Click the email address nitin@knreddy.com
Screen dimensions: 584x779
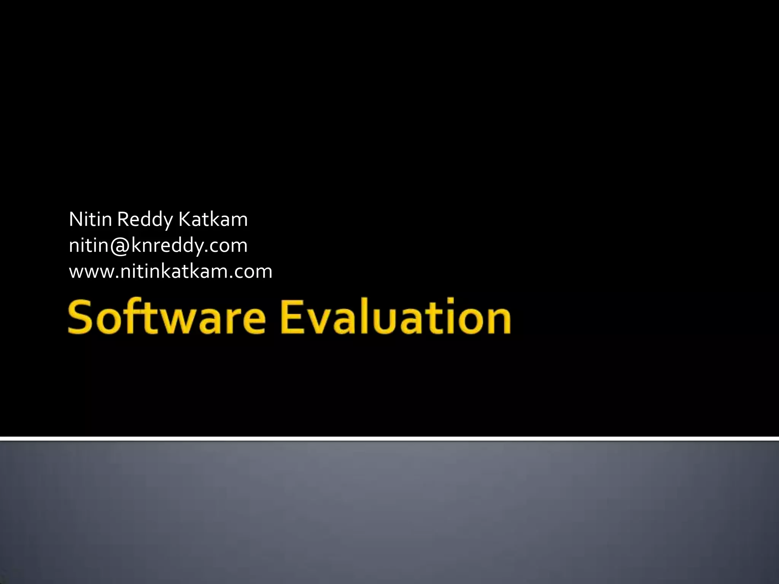pos(158,246)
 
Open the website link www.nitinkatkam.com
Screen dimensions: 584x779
pos(170,271)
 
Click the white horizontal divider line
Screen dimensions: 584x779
pos(389,439)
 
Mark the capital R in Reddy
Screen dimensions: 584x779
pos(122,219)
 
